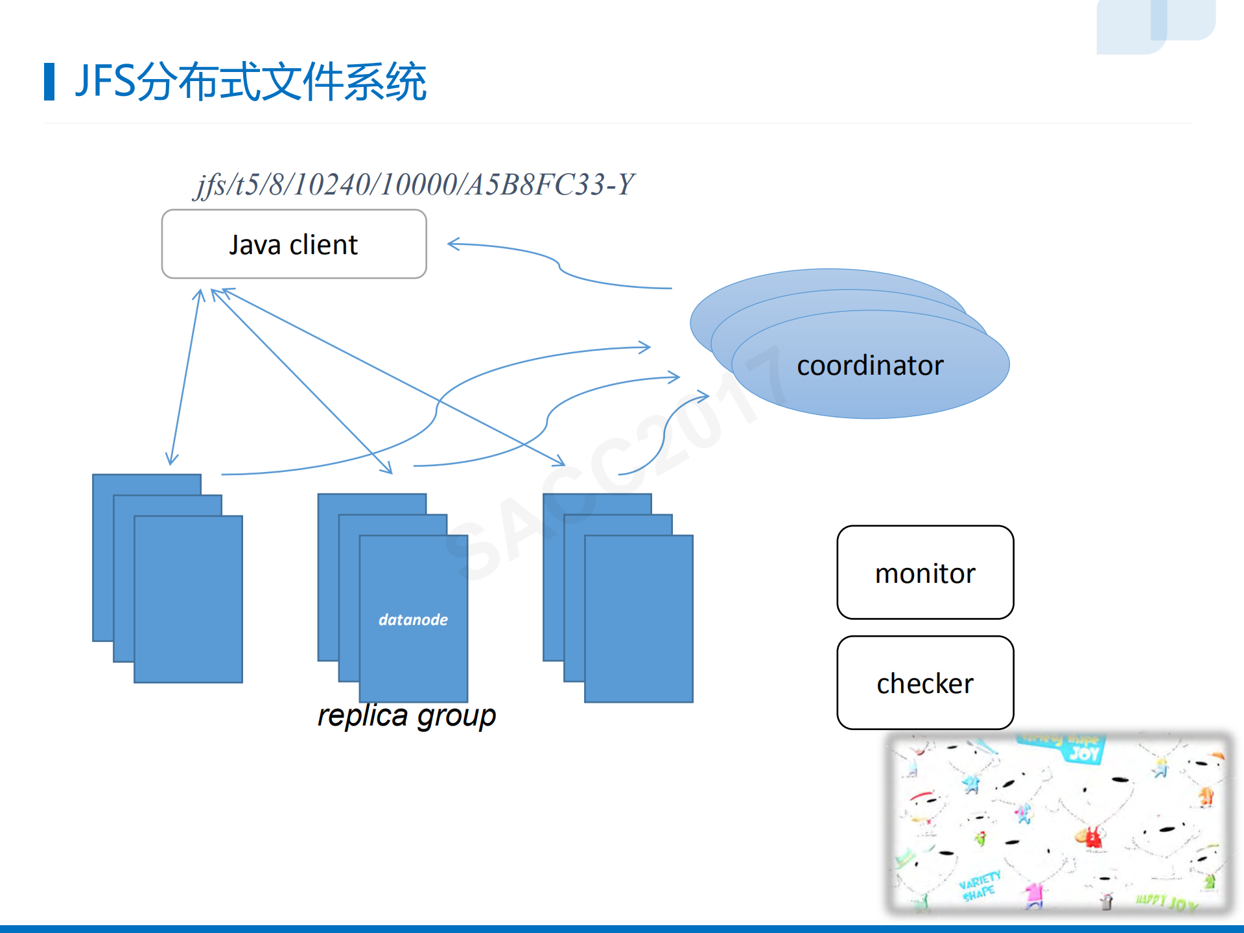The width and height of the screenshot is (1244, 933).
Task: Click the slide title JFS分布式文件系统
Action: [250, 82]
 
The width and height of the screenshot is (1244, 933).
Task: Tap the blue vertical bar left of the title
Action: [49, 82]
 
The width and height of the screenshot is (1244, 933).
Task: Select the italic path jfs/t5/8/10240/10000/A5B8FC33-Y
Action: [415, 185]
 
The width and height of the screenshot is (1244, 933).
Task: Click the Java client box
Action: [294, 244]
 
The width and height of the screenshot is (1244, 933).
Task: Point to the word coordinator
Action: [869, 366]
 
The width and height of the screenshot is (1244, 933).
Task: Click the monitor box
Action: [924, 573]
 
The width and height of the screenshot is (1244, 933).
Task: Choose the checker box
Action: [924, 683]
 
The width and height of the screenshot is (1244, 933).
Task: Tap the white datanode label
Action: [413, 620]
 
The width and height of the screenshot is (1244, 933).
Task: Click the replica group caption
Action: [406, 716]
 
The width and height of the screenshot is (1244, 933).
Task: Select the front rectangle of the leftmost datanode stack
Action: [188, 600]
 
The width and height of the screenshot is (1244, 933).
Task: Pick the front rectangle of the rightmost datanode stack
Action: [639, 619]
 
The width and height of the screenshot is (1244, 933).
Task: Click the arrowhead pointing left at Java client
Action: [453, 244]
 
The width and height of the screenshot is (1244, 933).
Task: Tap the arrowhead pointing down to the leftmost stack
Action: [171, 459]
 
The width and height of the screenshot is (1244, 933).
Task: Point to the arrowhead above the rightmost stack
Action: [559, 461]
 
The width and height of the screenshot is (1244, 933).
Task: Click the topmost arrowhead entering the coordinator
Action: [645, 348]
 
